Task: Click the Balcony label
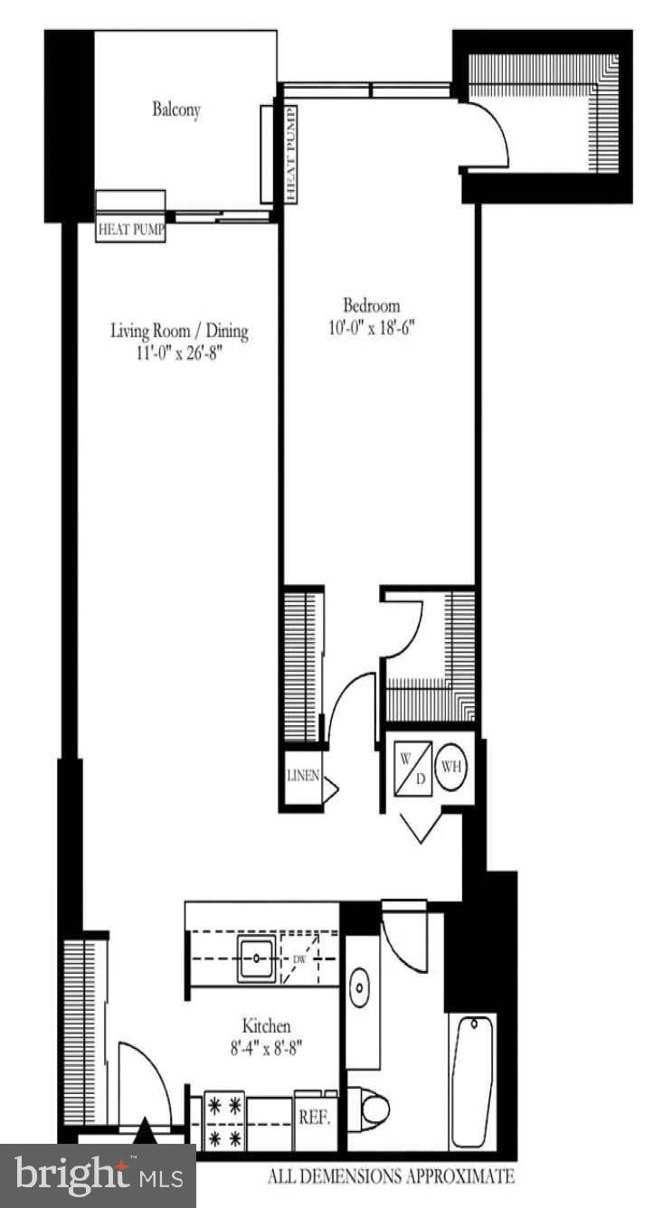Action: [x=176, y=110]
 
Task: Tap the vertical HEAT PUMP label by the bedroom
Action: [x=290, y=154]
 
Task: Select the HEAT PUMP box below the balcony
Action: [x=131, y=230]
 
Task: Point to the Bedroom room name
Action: [x=371, y=306]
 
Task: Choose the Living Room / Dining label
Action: [x=179, y=331]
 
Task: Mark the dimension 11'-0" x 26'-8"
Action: [x=179, y=353]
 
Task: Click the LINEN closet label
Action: [x=302, y=776]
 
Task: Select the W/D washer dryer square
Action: [x=411, y=769]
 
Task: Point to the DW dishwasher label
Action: [x=299, y=959]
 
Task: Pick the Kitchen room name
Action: [x=266, y=1026]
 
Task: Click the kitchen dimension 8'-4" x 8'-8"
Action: [x=266, y=1049]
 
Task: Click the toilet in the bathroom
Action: [x=371, y=1108]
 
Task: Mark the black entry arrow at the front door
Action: [x=145, y=1131]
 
